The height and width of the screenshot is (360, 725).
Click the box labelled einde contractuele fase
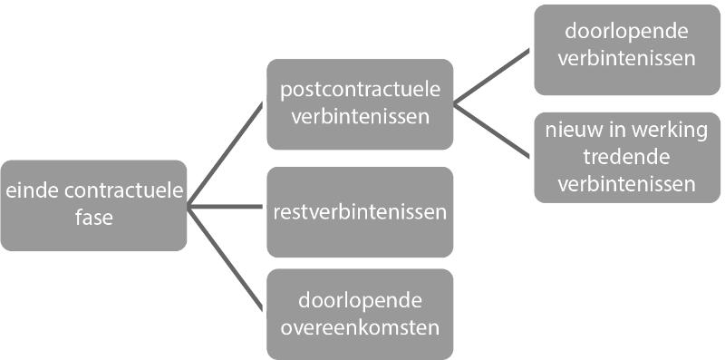(x=93, y=206)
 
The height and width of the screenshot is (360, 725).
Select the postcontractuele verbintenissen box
(x=360, y=103)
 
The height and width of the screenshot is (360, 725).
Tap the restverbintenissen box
(x=360, y=212)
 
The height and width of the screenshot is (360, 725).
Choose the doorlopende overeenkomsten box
(x=360, y=314)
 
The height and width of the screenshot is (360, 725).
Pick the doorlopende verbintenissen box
(x=627, y=49)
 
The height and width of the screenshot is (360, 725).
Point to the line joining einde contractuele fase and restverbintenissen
(x=227, y=207)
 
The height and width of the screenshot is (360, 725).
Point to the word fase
(x=93, y=218)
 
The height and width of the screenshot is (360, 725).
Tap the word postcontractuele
(x=360, y=91)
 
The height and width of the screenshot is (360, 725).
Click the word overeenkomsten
(x=360, y=327)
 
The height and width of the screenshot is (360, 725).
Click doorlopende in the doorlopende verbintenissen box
(x=627, y=33)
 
